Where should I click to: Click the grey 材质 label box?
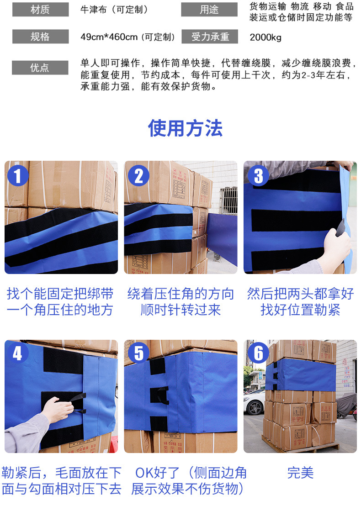click(x=40, y=10)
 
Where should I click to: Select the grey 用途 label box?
click(x=209, y=10)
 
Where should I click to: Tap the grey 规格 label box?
click(x=40, y=37)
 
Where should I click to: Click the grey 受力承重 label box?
click(x=209, y=37)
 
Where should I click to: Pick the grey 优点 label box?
click(x=40, y=68)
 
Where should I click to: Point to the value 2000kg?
click(x=265, y=37)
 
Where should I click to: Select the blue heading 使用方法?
click(x=185, y=128)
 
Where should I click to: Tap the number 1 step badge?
click(x=18, y=175)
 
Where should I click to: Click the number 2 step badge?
click(x=138, y=175)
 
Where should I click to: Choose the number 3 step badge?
click(x=259, y=176)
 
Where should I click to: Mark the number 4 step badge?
click(x=18, y=353)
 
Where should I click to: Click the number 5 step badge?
click(x=138, y=353)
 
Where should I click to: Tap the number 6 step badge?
click(x=259, y=353)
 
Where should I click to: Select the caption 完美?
click(x=300, y=473)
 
